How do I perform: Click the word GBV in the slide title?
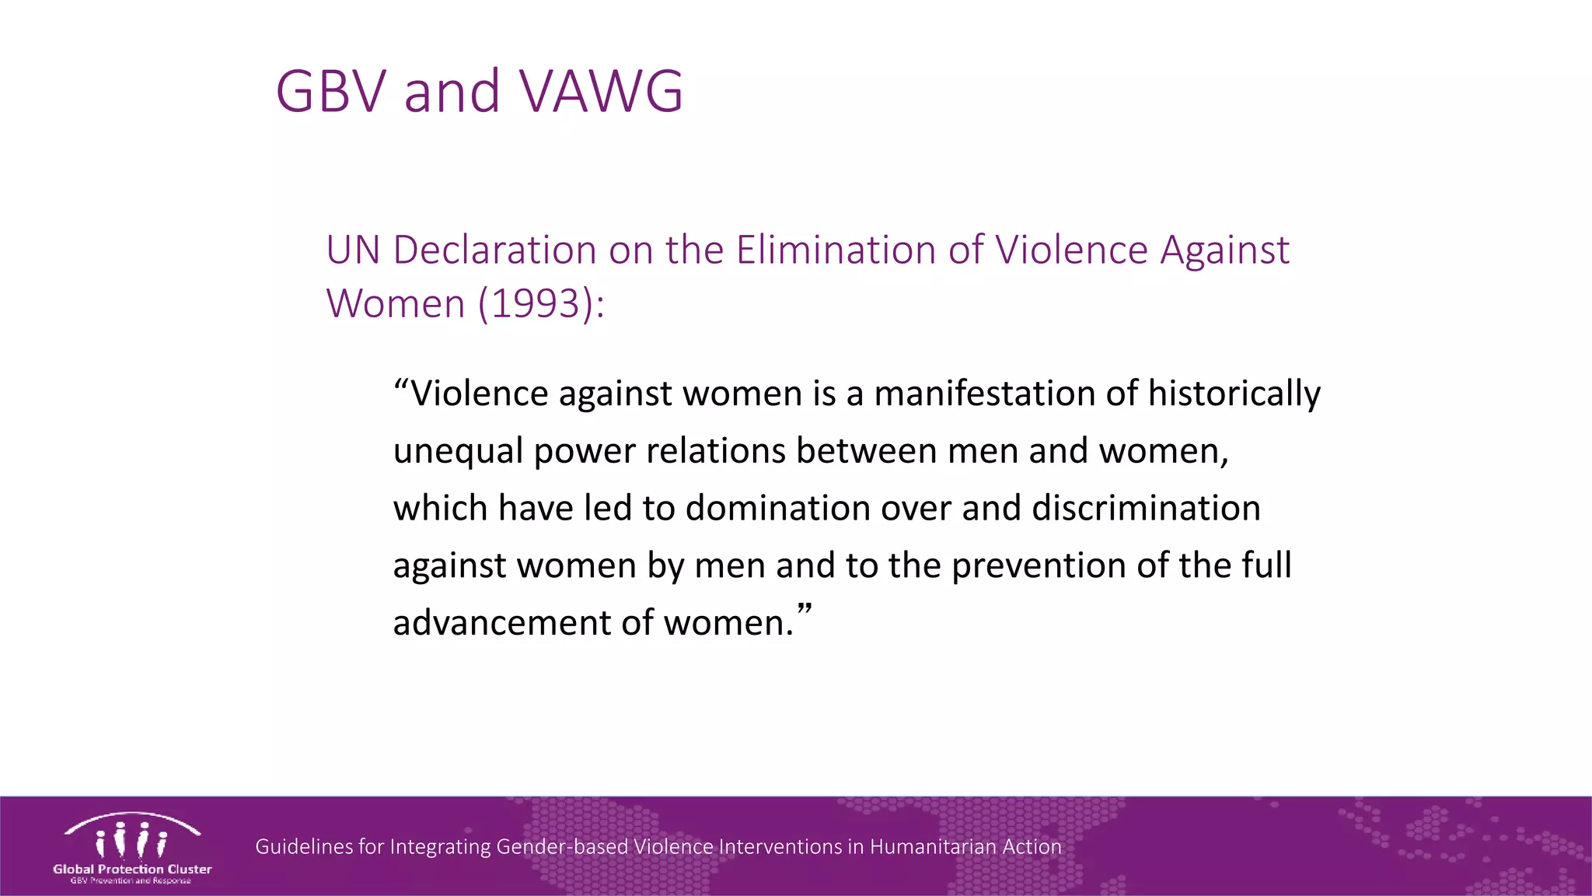click(330, 92)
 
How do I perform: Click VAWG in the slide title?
click(601, 92)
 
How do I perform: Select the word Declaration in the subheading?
click(494, 250)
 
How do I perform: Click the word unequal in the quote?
click(457, 451)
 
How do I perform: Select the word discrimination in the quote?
click(1146, 508)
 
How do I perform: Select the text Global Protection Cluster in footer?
click(132, 869)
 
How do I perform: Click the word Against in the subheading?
click(1224, 250)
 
